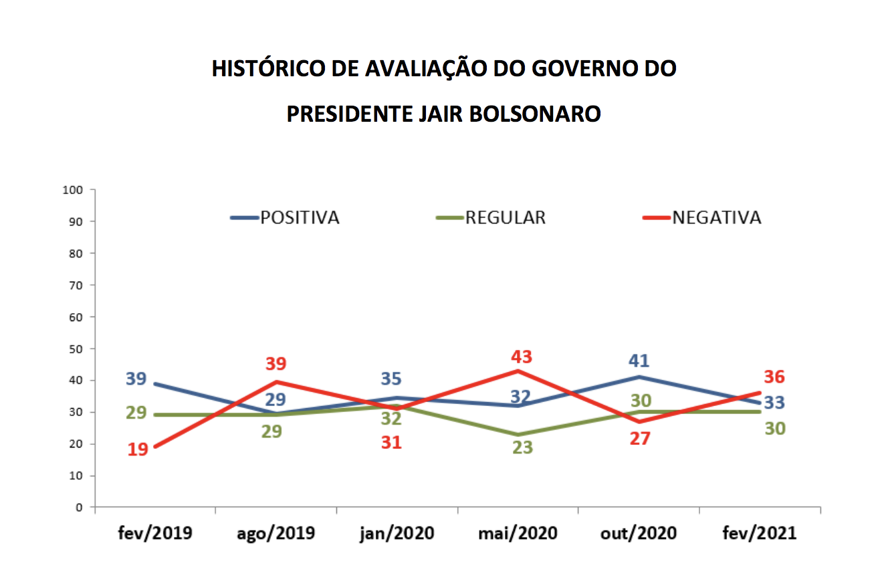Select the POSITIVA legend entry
pos(300,218)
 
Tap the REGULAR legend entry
pos(506,218)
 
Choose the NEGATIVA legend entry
pos(716,218)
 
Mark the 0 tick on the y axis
pos(79,508)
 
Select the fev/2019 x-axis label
pos(155,533)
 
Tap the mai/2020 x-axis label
pos(518,533)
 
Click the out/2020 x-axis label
pos(639,533)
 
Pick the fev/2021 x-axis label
pos(760,533)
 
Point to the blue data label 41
pos(639,361)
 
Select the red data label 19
pos(137,450)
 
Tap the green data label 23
pos(522,448)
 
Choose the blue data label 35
pos(391,379)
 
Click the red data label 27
pos(640,439)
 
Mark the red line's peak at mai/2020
pos(518,371)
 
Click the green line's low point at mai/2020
pos(518,435)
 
